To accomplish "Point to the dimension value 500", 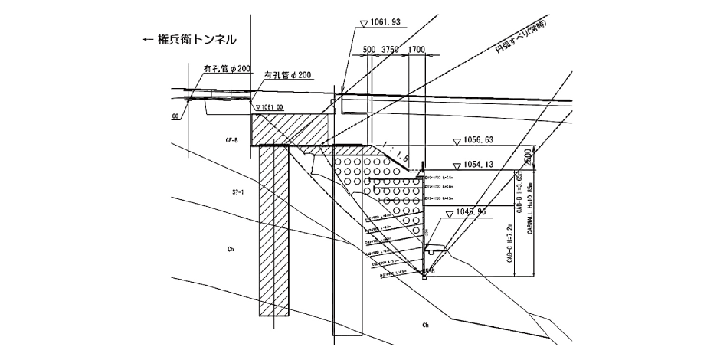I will (x=368, y=50).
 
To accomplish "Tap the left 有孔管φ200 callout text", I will (x=227, y=68).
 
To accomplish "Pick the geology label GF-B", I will (x=232, y=141).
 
